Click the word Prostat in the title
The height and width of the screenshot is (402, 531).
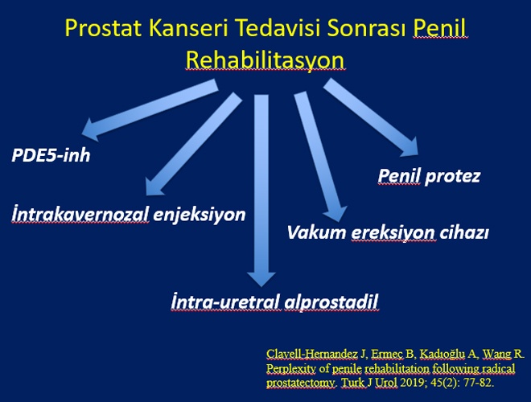(x=104, y=28)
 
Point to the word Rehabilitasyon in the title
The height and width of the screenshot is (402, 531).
(x=265, y=60)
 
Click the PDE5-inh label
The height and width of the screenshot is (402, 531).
(x=51, y=156)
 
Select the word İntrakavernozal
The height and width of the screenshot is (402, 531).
(x=80, y=214)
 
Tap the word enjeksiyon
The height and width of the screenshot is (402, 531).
(x=200, y=215)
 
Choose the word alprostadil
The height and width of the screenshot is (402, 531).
(x=331, y=301)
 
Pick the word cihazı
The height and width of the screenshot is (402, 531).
(x=464, y=233)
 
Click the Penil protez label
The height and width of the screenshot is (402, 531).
(x=429, y=176)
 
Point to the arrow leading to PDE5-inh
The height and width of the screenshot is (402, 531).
(x=150, y=110)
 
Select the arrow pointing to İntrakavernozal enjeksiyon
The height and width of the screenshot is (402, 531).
(x=194, y=143)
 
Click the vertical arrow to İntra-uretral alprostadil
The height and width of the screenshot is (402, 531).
(x=261, y=191)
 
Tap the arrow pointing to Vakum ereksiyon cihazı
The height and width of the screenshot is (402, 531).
(x=320, y=156)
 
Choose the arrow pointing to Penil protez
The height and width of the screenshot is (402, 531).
(x=370, y=117)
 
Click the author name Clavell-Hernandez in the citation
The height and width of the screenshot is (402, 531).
(x=312, y=354)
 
